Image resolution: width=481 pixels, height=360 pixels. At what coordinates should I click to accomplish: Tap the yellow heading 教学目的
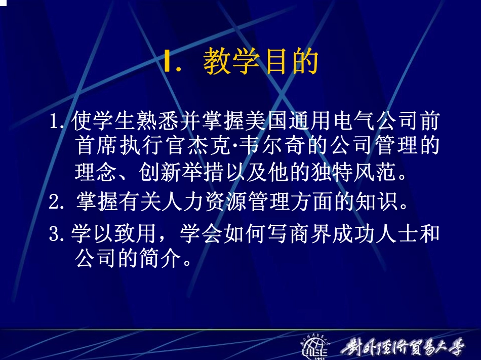tap(260, 62)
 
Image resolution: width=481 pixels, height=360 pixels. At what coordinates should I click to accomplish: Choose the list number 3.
tap(57, 234)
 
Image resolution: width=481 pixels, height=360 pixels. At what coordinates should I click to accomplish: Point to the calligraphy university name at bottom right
tap(403, 347)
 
